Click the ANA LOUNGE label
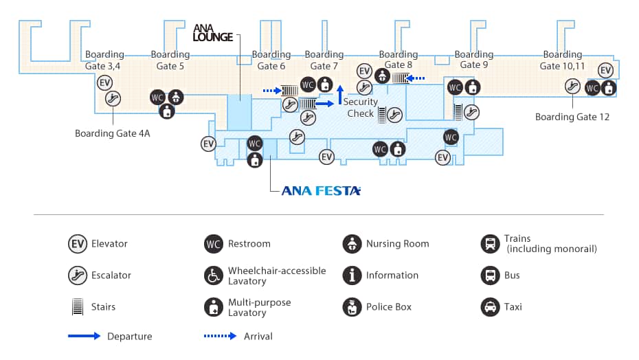pyautogui.click(x=213, y=34)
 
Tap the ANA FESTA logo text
pyautogui.click(x=321, y=191)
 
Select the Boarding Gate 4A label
pyautogui.click(x=112, y=133)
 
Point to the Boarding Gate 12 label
pyautogui.click(x=572, y=117)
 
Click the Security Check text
pyautogui.click(x=361, y=107)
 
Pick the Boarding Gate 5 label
pyautogui.click(x=170, y=60)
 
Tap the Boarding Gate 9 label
pyautogui.click(x=473, y=60)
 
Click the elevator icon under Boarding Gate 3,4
pyautogui.click(x=104, y=83)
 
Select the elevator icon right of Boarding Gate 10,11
pyautogui.click(x=605, y=71)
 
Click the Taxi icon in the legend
pyautogui.click(x=491, y=306)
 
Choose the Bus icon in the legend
pyautogui.click(x=491, y=275)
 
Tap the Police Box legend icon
pyautogui.click(x=352, y=306)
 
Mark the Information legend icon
pyautogui.click(x=352, y=275)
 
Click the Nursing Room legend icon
pyautogui.click(x=352, y=243)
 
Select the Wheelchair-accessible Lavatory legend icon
pyautogui.click(x=214, y=275)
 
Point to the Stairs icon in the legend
pyautogui.click(x=77, y=306)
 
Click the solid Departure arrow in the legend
pyautogui.click(x=84, y=336)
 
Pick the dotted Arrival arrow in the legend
pyautogui.click(x=221, y=336)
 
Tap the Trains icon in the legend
pyautogui.click(x=491, y=243)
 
